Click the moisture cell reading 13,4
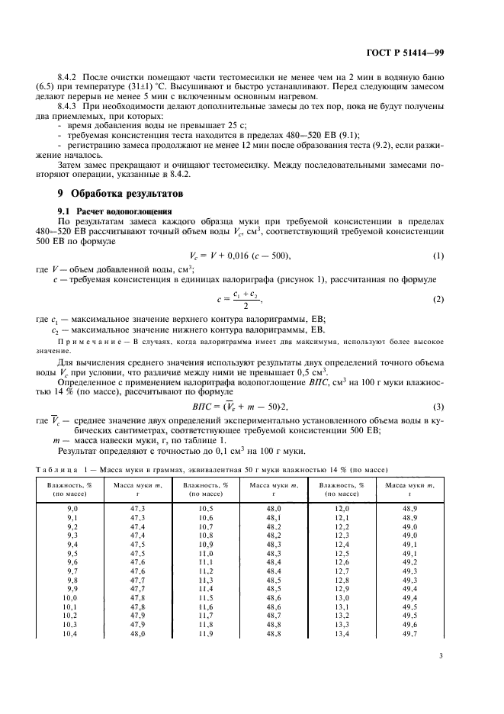click(342, 634)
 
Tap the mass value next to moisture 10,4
click(137, 634)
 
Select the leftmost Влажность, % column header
click(72, 487)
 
